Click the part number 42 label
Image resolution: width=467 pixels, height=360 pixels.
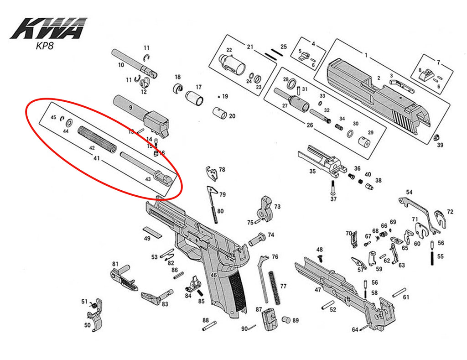[x=92, y=148]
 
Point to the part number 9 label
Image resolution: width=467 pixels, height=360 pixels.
[x=130, y=107]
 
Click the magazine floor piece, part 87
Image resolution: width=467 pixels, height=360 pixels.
[x=268, y=317]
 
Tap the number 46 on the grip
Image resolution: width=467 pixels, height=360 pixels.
[x=213, y=275]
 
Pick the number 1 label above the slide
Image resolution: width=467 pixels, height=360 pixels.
[x=365, y=55]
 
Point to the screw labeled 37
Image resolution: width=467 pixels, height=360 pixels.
[x=333, y=187]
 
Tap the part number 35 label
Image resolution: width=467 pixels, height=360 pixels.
[x=312, y=172]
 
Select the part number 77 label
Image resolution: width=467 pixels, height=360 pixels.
[x=283, y=286]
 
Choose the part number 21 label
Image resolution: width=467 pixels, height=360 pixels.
[x=250, y=47]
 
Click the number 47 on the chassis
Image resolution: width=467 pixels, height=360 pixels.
[x=318, y=290]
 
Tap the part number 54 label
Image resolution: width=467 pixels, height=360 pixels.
[x=409, y=192]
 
